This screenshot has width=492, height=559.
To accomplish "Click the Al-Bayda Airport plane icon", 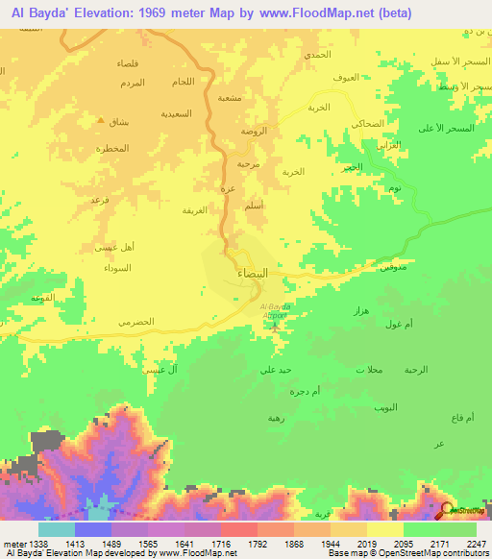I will tap(276, 327).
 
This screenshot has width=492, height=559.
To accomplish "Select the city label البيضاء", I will tap(253, 274).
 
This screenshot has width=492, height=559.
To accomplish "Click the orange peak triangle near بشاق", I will tap(101, 120).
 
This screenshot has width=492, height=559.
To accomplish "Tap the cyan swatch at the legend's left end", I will tap(57, 529).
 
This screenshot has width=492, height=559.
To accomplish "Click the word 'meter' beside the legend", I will tap(16, 543).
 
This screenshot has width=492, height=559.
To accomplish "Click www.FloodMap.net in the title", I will tap(327, 13).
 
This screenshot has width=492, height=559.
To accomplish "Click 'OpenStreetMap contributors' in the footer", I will tap(434, 553).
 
